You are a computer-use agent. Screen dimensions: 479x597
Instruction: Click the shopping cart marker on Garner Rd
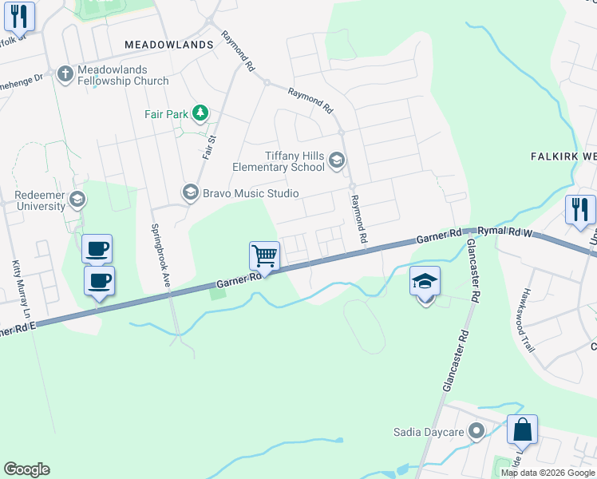[x=264, y=256]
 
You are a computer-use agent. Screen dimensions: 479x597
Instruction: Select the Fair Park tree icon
[x=200, y=113]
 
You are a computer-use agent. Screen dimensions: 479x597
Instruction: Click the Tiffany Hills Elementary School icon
[x=336, y=162]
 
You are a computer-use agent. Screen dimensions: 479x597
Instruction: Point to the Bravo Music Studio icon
[x=190, y=192]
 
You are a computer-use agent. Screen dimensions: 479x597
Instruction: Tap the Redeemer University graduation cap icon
[x=77, y=199]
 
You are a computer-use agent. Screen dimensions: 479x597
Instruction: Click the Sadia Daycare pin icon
[x=476, y=432]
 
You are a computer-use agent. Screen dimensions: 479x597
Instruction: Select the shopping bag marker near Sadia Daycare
[x=522, y=430]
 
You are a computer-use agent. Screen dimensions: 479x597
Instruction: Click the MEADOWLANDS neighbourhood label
[x=169, y=45]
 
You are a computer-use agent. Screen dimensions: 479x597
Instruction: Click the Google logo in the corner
[x=26, y=469]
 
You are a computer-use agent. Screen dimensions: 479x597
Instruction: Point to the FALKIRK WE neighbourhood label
[x=563, y=156]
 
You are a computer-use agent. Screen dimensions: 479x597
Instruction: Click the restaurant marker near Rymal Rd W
[x=580, y=210]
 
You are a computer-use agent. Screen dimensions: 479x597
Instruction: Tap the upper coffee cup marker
[x=97, y=248]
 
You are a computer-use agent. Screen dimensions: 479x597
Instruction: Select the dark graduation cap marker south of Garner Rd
[x=425, y=281]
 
